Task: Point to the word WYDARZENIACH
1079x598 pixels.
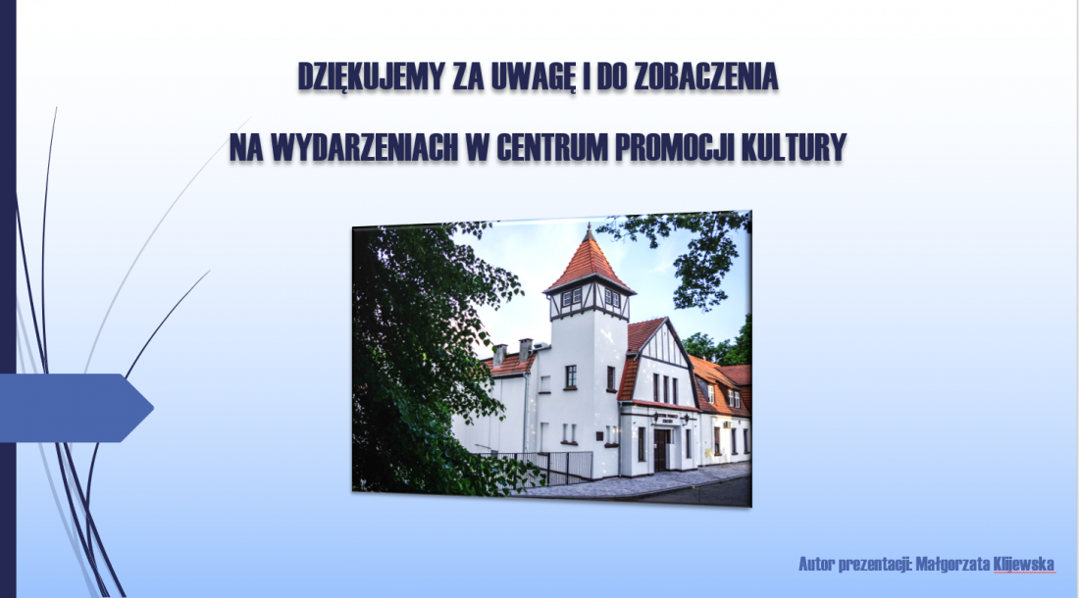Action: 364,146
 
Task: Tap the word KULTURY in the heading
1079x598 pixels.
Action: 794,146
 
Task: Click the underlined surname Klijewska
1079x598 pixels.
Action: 1023,565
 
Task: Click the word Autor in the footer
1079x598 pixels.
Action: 816,565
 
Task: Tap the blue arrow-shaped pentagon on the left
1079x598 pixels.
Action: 77,408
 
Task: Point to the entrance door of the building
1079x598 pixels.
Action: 660,450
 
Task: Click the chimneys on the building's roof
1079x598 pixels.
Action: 513,350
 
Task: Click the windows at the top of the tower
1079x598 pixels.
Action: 591,298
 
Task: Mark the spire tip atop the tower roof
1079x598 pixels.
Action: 590,226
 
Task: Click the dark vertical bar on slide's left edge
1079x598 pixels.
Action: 8,299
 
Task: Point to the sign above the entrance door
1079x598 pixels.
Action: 665,418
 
